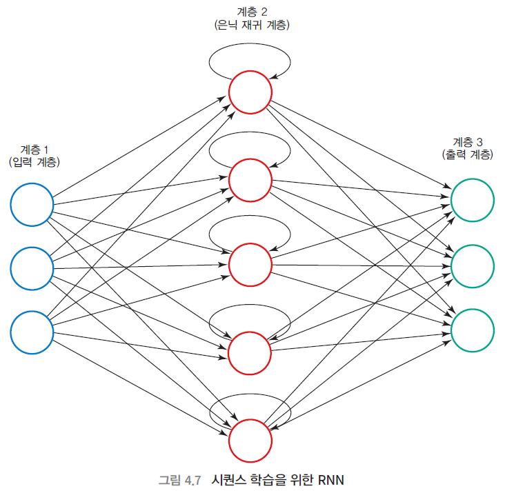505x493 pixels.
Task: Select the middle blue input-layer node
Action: pos(32,268)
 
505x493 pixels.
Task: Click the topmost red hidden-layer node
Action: pos(250,92)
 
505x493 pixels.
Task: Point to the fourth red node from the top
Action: pos(250,352)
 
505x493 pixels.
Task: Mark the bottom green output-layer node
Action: pos(473,330)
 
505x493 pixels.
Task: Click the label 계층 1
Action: pos(34,150)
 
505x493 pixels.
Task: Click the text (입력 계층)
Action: pos(34,163)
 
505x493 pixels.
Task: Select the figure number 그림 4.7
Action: pos(179,480)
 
